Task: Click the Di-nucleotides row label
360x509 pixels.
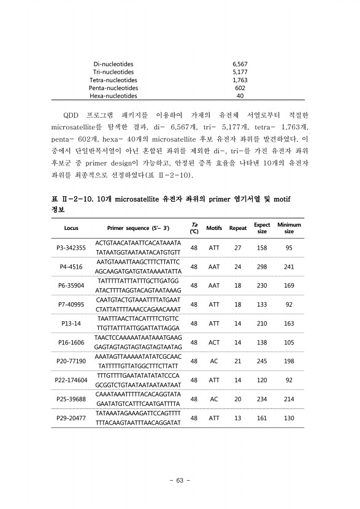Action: (x=113, y=64)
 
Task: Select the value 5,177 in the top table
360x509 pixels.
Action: (x=240, y=72)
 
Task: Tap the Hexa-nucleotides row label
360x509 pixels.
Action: (x=113, y=96)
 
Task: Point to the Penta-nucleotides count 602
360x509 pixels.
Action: (x=240, y=88)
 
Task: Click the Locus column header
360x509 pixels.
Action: (x=71, y=228)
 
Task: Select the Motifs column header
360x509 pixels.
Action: (x=214, y=228)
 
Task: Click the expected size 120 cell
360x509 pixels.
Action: (x=262, y=380)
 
